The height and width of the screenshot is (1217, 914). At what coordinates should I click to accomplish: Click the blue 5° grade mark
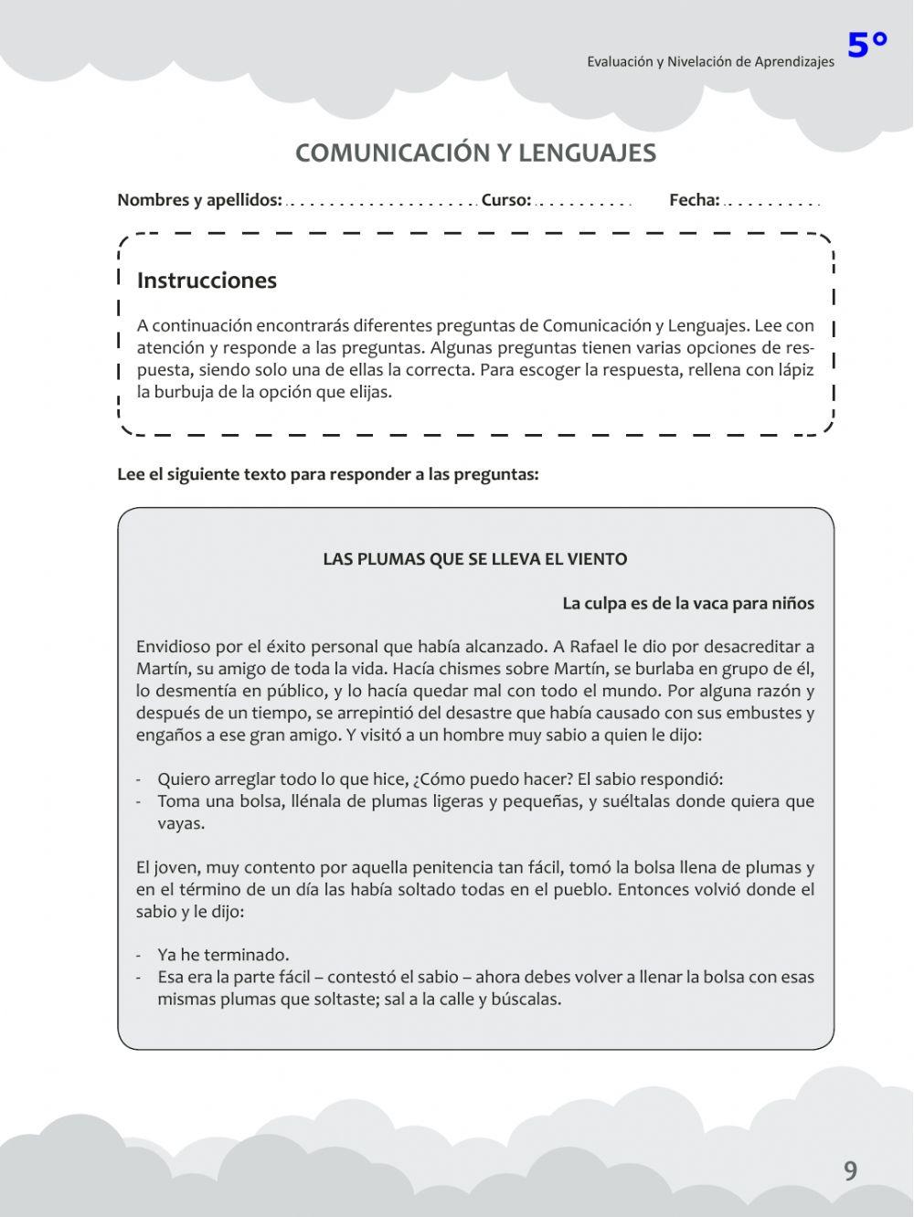pos(866,44)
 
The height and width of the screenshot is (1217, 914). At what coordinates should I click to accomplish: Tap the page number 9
pos(850,1170)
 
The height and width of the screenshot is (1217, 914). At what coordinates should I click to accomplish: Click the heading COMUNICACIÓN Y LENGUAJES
pos(475,153)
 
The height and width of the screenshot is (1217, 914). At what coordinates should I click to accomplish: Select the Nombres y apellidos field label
pos(199,200)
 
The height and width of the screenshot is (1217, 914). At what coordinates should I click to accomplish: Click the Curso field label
pos(505,200)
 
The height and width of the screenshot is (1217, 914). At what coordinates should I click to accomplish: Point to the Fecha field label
pos(694,200)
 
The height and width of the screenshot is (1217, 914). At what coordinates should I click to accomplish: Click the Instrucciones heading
pos(207,280)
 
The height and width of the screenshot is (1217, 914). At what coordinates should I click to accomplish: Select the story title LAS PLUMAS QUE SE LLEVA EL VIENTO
pos(475,559)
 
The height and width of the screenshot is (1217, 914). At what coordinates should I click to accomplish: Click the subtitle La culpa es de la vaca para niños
pos(687,603)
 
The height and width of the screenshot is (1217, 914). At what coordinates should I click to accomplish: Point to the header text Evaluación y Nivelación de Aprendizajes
pos(710,62)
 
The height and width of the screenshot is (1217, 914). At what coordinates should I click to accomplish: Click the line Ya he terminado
pos(223,955)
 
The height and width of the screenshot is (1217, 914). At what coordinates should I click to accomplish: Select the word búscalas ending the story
pos(526,999)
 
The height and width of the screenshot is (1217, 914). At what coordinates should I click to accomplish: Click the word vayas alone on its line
pos(181,823)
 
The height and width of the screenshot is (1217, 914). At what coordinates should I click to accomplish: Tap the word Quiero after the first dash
pos(184,779)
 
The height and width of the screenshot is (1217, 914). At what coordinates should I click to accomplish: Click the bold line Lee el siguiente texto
pos(327,474)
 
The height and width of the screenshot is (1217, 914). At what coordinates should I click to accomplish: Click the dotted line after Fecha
pos(771,203)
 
